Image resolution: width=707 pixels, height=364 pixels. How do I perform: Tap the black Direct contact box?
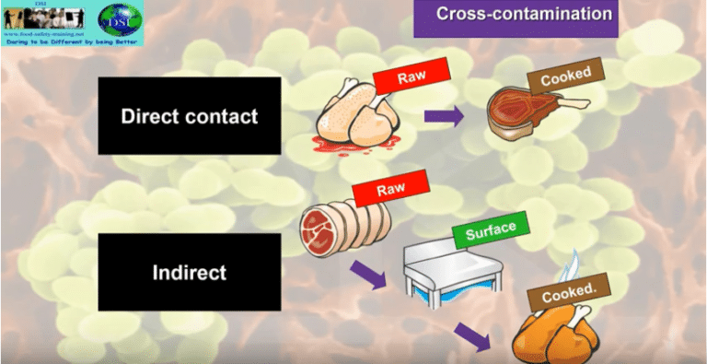tap(189, 116)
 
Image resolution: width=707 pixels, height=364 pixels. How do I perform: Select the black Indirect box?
tap(189, 272)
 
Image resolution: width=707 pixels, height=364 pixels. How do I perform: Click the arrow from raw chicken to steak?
tap(444, 117)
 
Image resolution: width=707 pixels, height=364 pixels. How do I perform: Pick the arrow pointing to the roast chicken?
tap(475, 335)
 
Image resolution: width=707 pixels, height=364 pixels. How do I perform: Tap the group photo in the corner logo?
tap(43, 17)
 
